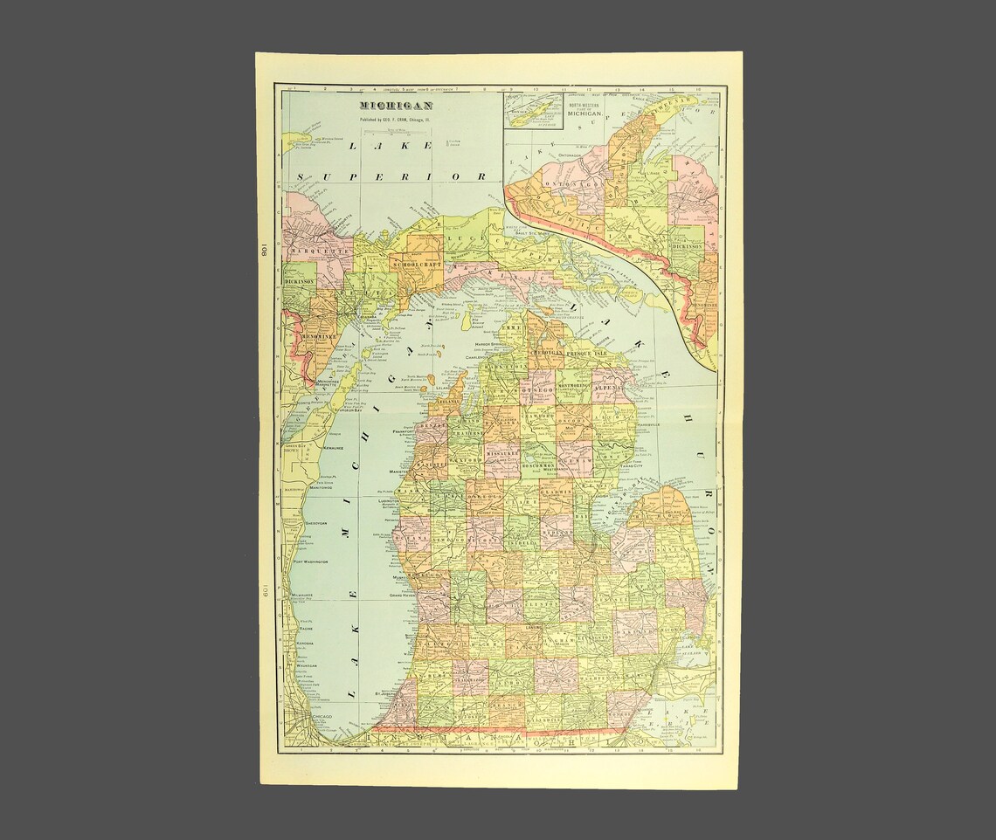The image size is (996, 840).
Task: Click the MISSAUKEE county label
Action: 502,454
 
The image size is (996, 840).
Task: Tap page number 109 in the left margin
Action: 262,594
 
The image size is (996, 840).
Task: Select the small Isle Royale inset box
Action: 534,110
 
